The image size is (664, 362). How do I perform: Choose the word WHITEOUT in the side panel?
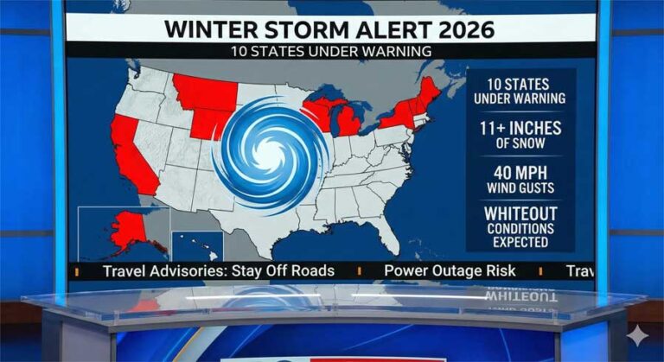point(520,212)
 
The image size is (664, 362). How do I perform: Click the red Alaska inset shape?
point(127,229)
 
